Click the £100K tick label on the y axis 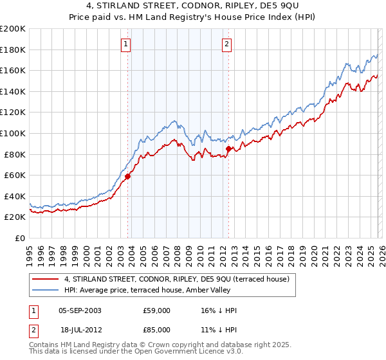13,133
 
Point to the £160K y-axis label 13,70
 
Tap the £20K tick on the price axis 15,217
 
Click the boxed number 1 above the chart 125,44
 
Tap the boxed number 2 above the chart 227,44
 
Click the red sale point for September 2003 127,176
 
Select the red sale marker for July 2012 228,148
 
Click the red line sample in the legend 46,279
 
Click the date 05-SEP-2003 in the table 79,310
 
